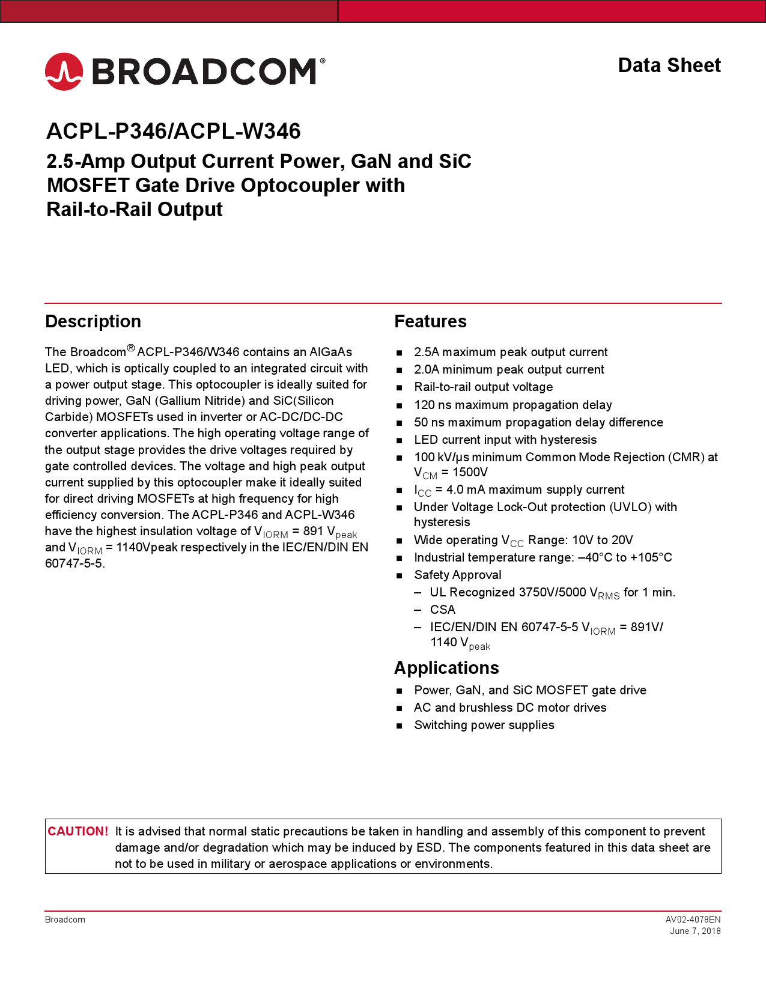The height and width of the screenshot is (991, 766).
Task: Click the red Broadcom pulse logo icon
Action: [x=64, y=71]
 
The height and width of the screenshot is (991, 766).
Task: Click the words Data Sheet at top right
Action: [x=669, y=65]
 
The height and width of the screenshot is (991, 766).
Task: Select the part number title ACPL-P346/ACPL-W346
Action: [x=174, y=131]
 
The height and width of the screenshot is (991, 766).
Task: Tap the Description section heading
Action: [x=93, y=321]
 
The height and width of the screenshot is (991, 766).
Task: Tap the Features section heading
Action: [x=430, y=321]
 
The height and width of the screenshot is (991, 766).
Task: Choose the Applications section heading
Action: [x=446, y=668]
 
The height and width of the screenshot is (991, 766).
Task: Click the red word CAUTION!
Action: [x=78, y=831]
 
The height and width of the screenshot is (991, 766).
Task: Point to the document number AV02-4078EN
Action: [x=693, y=920]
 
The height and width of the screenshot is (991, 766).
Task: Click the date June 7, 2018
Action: [x=695, y=931]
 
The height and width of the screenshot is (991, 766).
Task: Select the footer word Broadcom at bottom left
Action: [x=65, y=920]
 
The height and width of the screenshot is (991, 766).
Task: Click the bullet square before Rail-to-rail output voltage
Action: [x=399, y=388]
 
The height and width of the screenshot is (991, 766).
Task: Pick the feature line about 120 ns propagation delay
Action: [x=512, y=405]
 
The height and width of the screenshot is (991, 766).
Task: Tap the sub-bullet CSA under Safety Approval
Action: [x=443, y=610]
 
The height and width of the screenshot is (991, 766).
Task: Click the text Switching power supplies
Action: [x=484, y=725]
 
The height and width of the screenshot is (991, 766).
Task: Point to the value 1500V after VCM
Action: [x=470, y=472]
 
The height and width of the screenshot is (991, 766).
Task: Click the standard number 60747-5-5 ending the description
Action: [x=73, y=563]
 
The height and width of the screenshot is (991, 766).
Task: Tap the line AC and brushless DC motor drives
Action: [x=510, y=708]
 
